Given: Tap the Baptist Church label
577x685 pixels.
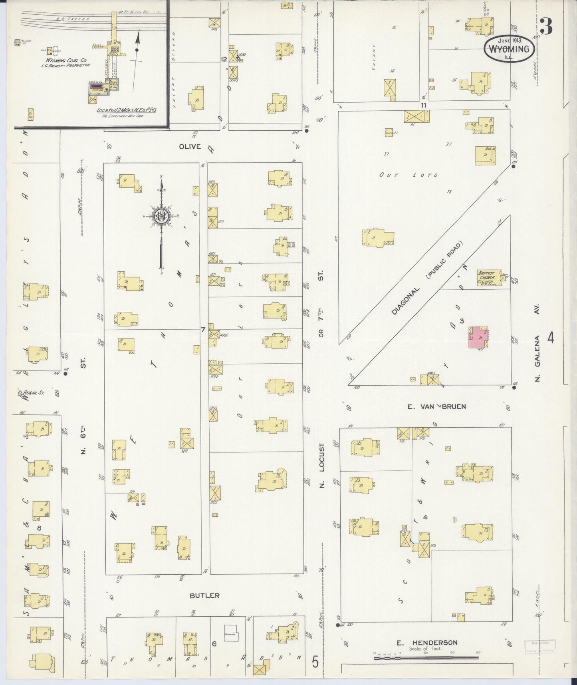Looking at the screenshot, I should coord(486,277).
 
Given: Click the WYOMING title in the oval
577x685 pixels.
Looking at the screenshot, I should coord(510,49).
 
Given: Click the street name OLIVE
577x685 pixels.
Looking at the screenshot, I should coord(190,147).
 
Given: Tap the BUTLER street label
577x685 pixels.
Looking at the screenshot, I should coord(204,595).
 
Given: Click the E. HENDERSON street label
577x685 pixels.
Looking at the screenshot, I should coord(427,643).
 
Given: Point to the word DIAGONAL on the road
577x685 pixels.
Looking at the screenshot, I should coord(406,301).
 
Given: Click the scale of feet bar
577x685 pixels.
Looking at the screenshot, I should coord(426,657).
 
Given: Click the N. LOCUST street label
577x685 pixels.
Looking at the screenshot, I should coord(322,466).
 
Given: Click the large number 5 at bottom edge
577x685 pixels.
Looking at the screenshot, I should coord(315,663).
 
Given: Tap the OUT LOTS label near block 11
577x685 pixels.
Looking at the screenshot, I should coord(408,175).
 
